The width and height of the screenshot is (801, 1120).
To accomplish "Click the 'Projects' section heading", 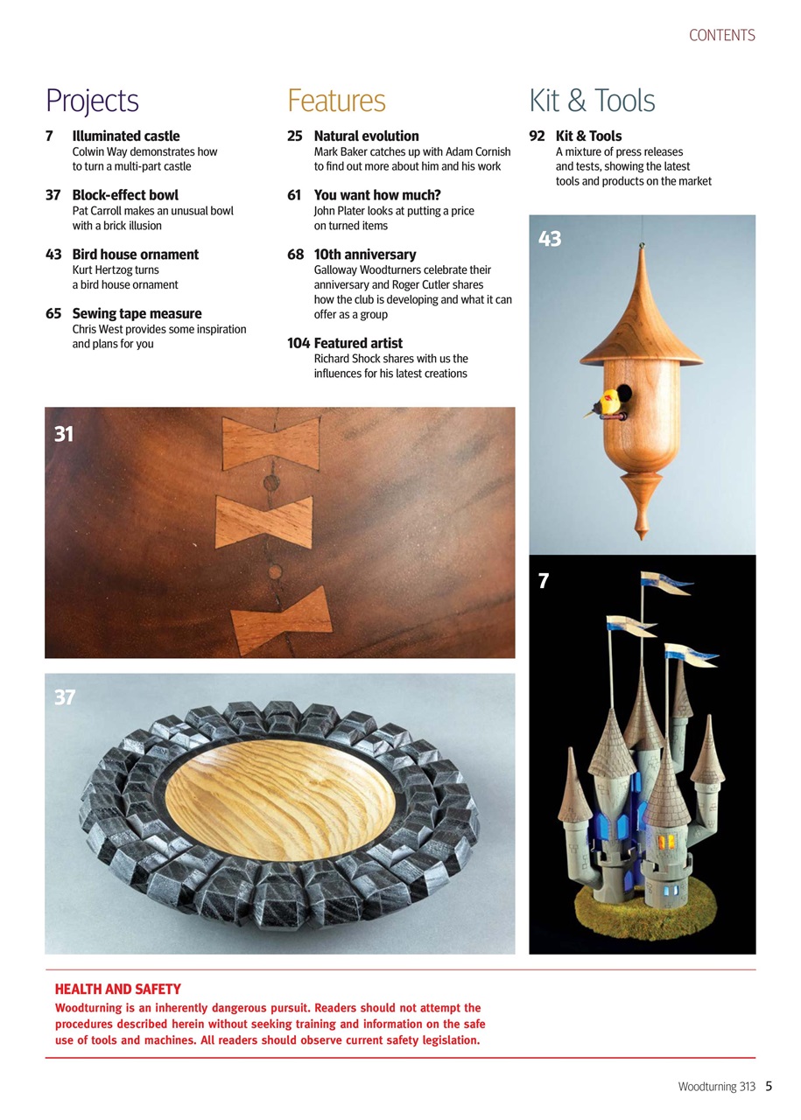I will [92, 101].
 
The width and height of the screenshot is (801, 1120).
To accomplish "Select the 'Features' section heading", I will [336, 101].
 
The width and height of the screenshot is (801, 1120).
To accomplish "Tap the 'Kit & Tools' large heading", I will [592, 101].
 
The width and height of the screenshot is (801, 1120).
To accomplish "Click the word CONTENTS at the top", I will [721, 36].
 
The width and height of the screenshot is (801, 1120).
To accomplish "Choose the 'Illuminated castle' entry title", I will [125, 136].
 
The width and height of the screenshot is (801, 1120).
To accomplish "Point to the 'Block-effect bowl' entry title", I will [125, 195].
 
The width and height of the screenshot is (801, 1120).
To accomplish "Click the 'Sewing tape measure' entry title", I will [137, 313].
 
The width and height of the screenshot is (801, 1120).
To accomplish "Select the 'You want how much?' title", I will [377, 195].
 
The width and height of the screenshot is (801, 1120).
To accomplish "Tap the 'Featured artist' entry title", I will [358, 343].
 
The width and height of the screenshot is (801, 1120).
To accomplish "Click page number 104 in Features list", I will [299, 343].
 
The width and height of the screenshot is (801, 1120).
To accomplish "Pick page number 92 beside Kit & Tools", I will [537, 136].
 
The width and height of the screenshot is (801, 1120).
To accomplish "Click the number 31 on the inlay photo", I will [64, 433].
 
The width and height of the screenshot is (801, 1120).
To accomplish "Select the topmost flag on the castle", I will [665, 581].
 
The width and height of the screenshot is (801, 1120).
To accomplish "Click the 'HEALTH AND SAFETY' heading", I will [117, 990].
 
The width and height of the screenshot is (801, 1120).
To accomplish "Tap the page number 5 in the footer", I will [768, 1086].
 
